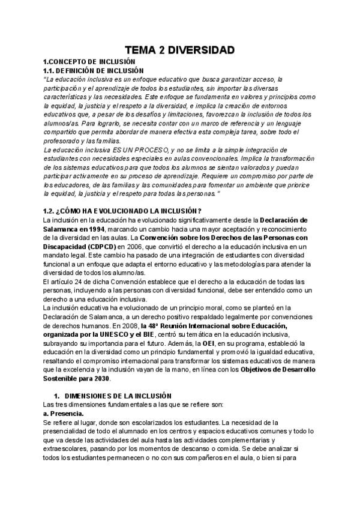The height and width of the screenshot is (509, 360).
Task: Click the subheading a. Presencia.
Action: tap(64, 414)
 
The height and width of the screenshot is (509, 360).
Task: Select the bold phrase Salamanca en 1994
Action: tap(74, 229)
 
